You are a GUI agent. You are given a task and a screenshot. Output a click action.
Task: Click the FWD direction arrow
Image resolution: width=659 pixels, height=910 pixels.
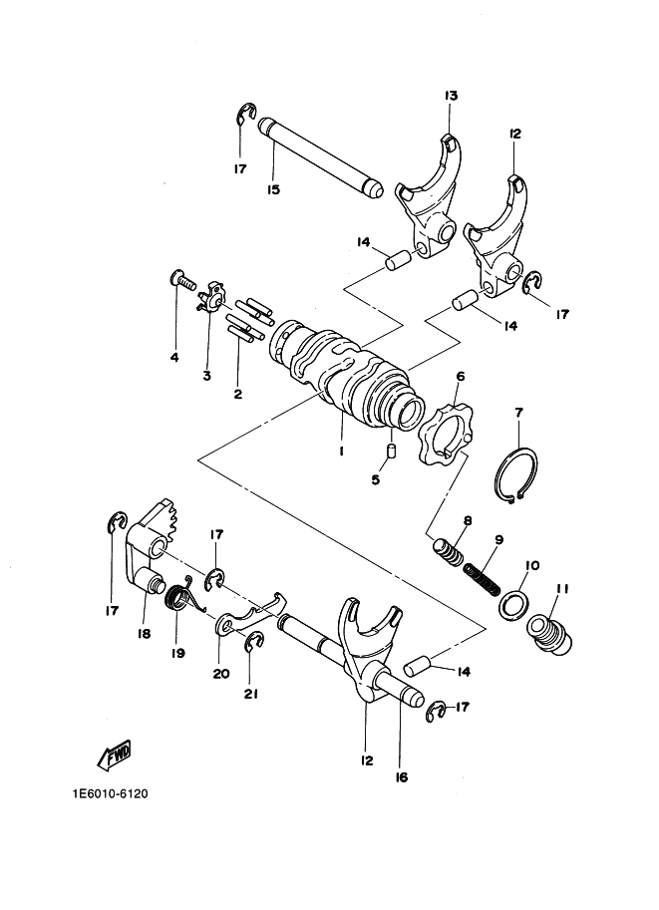tap(114, 755)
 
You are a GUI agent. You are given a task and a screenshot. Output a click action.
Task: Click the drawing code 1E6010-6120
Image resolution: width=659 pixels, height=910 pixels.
tap(111, 793)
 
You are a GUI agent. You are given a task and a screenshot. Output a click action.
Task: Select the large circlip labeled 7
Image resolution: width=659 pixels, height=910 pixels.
tap(516, 475)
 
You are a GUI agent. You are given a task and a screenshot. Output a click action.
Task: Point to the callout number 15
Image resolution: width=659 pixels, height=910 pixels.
tap(273, 189)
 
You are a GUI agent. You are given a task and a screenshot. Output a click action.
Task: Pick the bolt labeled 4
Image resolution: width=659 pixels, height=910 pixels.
tap(181, 281)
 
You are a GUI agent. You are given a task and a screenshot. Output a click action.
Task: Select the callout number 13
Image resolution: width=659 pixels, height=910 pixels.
tap(452, 95)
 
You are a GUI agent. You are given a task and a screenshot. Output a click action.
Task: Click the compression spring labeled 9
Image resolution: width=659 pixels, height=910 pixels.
tap(482, 579)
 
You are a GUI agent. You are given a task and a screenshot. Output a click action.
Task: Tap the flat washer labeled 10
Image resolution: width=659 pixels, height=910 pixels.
tap(513, 604)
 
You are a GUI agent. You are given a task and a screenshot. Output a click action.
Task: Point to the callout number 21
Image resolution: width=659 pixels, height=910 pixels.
tap(250, 694)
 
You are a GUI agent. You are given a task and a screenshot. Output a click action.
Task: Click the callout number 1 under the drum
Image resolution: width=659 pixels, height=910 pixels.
tap(342, 451)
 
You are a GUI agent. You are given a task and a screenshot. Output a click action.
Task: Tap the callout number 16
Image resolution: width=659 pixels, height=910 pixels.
tap(401, 777)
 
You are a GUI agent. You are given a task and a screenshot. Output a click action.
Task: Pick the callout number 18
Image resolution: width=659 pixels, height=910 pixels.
tap(144, 634)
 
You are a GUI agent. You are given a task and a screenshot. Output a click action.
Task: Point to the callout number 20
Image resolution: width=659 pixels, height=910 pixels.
tap(221, 673)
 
